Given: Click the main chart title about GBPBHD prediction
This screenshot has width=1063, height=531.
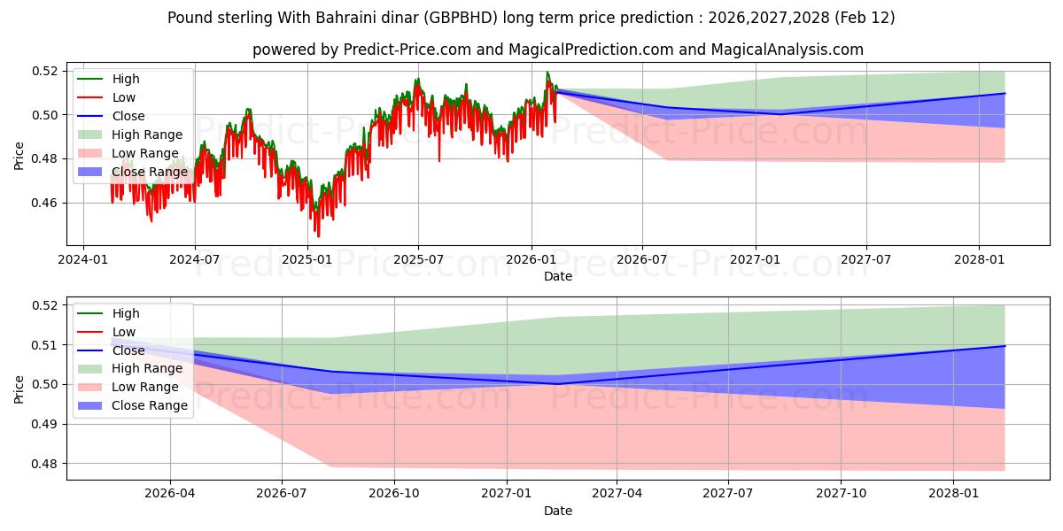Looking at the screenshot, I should click(x=531, y=18).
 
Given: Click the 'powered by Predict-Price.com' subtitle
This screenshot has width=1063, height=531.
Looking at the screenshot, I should click(x=558, y=50).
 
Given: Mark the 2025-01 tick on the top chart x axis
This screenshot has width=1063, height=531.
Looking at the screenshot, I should click(x=306, y=259).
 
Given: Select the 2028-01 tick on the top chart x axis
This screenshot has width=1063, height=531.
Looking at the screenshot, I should click(x=979, y=259).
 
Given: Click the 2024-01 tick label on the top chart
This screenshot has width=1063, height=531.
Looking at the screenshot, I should click(x=83, y=259).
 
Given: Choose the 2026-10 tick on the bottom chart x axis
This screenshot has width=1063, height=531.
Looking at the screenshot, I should click(x=394, y=494).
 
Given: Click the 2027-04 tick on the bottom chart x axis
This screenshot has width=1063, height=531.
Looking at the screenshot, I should click(x=617, y=494).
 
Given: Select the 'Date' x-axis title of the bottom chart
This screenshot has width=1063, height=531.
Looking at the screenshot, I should click(x=558, y=511).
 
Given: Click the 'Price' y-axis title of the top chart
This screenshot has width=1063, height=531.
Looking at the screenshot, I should click(x=19, y=155).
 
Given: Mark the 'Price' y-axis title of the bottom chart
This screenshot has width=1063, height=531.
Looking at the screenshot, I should click(x=19, y=389).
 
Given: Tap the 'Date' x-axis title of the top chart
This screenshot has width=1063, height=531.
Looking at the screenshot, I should click(x=558, y=276).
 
